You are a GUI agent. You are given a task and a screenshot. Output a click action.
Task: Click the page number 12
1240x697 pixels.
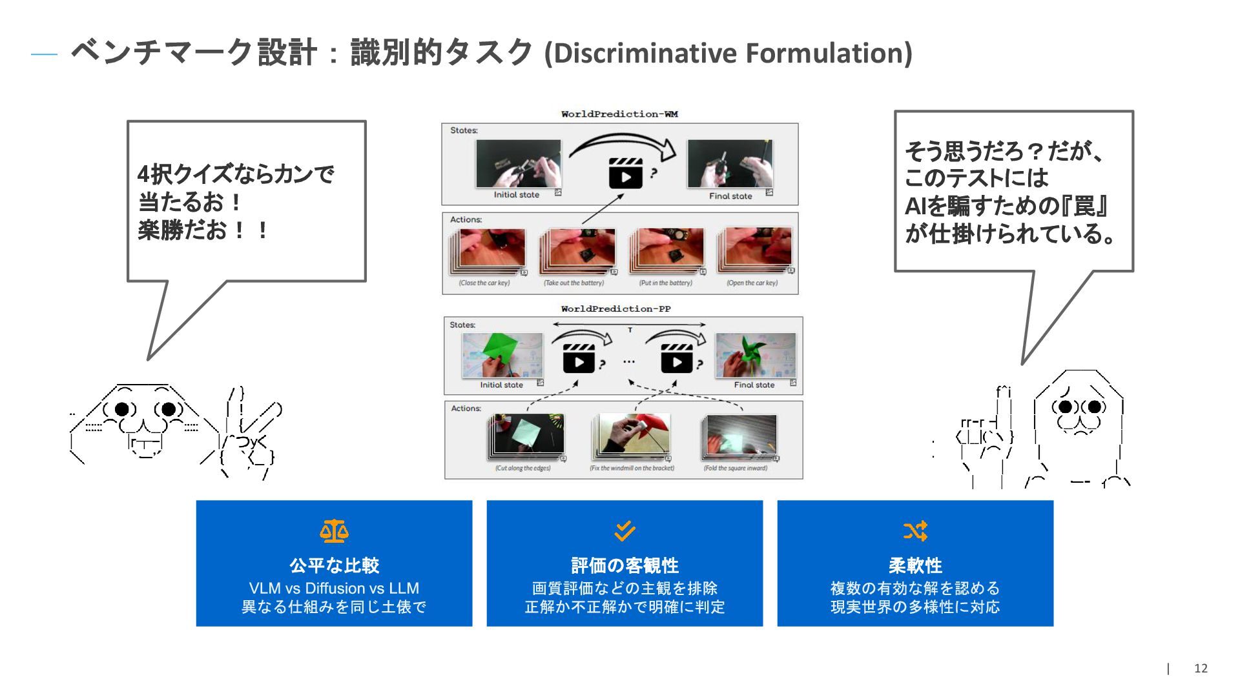coord(1201,669)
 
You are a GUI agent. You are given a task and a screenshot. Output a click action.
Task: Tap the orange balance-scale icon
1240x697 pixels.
coord(334,531)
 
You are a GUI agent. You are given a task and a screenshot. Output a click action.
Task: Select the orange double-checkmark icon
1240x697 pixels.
coord(625,531)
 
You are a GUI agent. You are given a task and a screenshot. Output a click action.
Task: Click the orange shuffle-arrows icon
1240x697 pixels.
coord(915,531)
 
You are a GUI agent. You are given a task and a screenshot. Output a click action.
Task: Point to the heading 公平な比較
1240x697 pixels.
coord(334,566)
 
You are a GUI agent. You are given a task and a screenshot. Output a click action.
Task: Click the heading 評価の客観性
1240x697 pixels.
coord(625,566)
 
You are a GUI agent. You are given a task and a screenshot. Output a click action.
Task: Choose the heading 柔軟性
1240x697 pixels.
coord(915,566)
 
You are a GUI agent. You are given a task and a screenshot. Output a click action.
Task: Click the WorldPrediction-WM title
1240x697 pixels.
coord(619,114)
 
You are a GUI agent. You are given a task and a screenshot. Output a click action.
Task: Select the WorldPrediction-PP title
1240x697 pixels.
coord(615,309)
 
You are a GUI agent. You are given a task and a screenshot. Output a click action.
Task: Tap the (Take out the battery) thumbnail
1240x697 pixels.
coord(578,250)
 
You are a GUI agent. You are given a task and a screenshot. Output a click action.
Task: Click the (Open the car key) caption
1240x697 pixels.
coord(752,283)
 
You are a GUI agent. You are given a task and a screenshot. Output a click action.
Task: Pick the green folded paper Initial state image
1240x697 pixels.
coord(502,355)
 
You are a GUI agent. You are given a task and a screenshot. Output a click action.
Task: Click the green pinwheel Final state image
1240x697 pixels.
coord(755,355)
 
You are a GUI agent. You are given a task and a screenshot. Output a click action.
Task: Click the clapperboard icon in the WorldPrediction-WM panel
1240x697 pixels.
coord(625,173)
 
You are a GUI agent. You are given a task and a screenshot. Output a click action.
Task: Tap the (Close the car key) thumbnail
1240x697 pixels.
coord(488,250)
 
